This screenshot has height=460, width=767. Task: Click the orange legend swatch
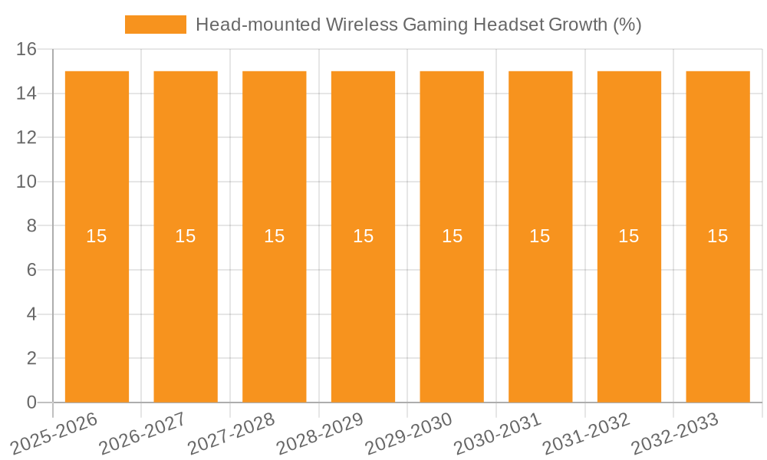point(156,25)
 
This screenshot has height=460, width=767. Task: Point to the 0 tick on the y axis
point(31,402)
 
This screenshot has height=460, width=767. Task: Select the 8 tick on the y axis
point(31,226)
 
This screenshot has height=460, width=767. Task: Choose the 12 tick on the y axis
point(27,138)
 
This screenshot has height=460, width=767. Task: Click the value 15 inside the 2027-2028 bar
point(275,236)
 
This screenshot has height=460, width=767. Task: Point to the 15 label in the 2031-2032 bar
point(629,236)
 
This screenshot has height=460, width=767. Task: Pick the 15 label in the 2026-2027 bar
point(186,236)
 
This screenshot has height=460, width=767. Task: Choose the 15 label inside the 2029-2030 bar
point(452,236)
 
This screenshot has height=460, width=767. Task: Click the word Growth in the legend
point(577,25)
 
